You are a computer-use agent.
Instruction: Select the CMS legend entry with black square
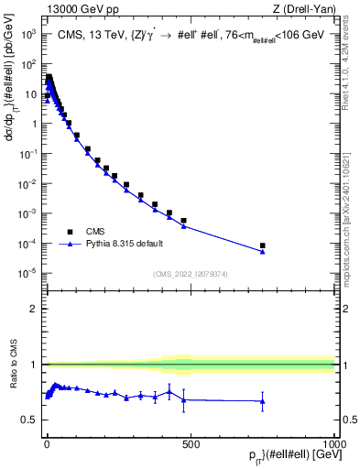[x=82, y=232]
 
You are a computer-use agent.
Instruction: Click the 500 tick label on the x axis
[x=191, y=442]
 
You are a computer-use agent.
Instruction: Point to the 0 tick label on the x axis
[x=47, y=442]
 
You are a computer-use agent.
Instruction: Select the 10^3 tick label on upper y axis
[x=29, y=34]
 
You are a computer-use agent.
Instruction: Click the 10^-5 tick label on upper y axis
[x=28, y=273]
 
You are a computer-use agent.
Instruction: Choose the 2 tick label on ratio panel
[x=33, y=309]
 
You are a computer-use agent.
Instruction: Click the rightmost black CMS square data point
[x=262, y=245]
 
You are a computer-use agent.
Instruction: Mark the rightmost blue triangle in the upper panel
[x=262, y=251]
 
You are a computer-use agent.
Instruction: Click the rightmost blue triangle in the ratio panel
[x=262, y=401]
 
